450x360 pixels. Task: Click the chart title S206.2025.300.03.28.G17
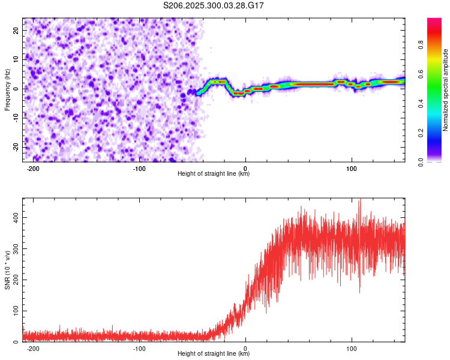214,5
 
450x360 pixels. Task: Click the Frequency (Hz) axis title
7,89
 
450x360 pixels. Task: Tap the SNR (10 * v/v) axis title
7,270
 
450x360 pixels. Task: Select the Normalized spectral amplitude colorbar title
445,90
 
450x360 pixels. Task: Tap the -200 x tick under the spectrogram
33,169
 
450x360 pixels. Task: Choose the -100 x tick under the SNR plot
139,349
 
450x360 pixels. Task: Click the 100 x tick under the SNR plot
352,349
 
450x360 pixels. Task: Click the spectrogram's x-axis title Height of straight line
214,174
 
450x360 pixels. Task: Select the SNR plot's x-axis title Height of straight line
214,354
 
